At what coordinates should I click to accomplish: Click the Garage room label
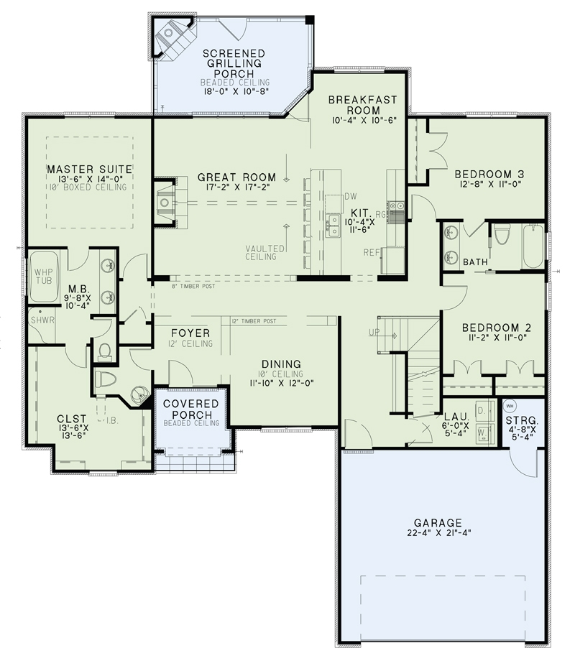pyautogui.click(x=437, y=522)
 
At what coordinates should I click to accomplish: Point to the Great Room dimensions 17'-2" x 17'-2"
pyautogui.click(x=236, y=188)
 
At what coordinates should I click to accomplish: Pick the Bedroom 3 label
pyautogui.click(x=489, y=174)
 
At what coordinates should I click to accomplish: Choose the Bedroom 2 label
pyautogui.click(x=498, y=327)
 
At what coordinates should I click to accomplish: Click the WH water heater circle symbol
pyautogui.click(x=512, y=405)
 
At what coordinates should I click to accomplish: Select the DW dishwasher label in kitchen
pyautogui.click(x=351, y=196)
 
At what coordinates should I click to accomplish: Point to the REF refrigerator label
pyautogui.click(x=371, y=252)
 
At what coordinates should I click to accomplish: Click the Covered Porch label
pyautogui.click(x=191, y=409)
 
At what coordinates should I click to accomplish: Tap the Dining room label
pyautogui.click(x=282, y=364)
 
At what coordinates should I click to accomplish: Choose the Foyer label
pyautogui.click(x=190, y=333)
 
